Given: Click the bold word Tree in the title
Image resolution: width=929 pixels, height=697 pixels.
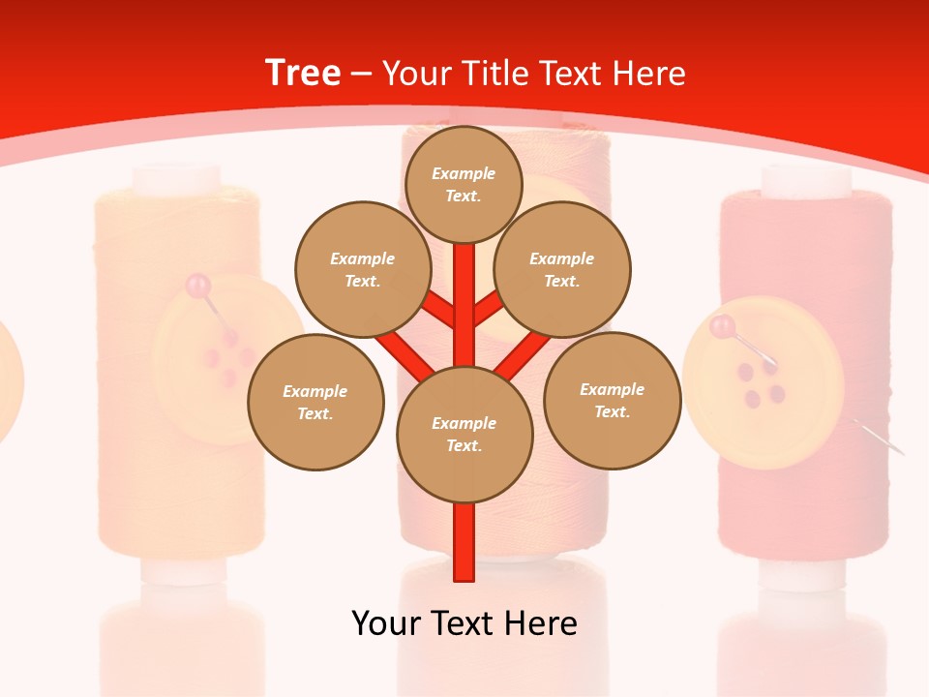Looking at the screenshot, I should point(303,74).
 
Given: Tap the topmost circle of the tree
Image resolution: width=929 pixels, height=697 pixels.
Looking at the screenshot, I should point(464,184).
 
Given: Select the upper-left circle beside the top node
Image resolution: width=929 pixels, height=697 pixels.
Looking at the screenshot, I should point(363,269).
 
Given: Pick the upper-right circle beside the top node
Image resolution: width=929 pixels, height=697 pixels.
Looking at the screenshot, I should point(562,269).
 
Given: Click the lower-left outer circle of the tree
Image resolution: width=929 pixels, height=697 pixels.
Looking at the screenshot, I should point(315,402).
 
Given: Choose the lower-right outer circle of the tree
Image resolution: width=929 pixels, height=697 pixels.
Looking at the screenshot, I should point(613,400).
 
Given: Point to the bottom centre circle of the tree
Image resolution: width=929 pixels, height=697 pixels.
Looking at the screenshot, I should point(464,435).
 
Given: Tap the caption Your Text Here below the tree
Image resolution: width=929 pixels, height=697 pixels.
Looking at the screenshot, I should point(464,623).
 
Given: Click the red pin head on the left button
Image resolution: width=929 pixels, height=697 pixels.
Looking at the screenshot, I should point(198,286).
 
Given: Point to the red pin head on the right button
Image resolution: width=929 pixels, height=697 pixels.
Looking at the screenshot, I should point(722,327).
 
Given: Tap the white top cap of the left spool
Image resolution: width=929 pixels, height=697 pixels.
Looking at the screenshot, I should point(177,179).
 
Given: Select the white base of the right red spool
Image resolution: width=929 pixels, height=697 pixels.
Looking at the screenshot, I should point(806,576).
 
